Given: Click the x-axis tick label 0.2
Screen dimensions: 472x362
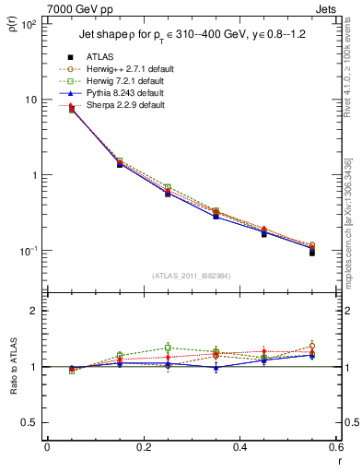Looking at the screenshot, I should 142,447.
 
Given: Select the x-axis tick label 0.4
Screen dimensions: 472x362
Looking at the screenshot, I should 239,447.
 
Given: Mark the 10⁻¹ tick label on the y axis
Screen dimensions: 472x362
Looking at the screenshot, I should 28,251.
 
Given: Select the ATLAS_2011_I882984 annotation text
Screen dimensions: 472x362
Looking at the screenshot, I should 191,276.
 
